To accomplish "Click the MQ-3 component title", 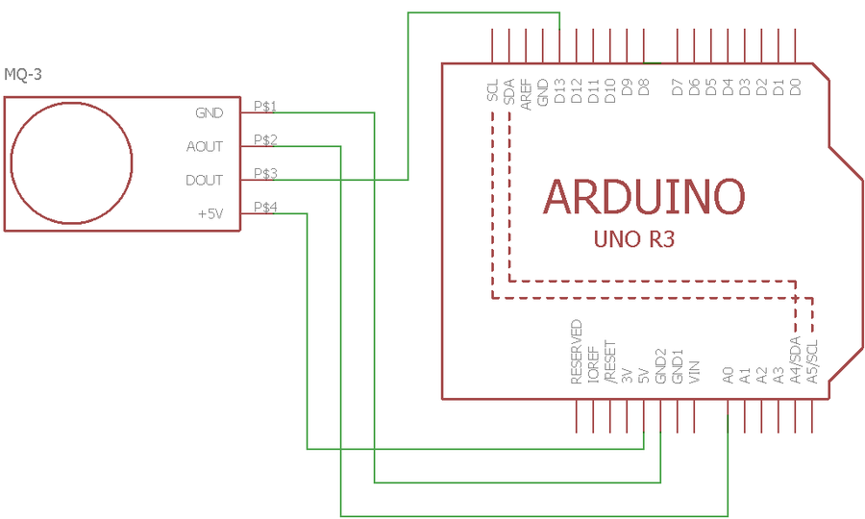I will [x=24, y=74].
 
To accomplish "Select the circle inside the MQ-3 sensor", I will [x=72, y=162].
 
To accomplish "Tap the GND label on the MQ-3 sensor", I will [x=209, y=113].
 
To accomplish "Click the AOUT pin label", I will [x=204, y=147].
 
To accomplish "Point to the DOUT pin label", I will [x=204, y=181].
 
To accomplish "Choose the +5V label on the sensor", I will [x=210, y=214].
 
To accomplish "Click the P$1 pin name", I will [x=265, y=106].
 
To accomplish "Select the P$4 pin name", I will [x=265, y=207].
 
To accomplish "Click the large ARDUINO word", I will [x=643, y=197].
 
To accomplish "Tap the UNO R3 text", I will [x=635, y=239].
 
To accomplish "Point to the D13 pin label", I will [x=559, y=91].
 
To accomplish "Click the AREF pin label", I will [x=526, y=93].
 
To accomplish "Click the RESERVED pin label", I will [x=577, y=353].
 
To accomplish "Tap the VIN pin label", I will [x=695, y=373].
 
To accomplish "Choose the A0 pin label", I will [x=729, y=375].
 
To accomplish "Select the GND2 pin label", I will [x=661, y=367].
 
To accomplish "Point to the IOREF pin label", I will [x=593, y=365].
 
